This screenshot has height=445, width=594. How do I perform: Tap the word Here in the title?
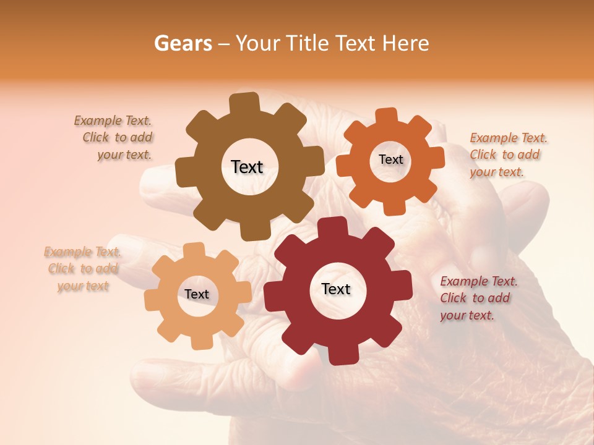(x=406, y=43)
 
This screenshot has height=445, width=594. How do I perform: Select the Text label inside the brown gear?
(x=247, y=167)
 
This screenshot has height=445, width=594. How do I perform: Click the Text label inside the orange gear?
(x=390, y=159)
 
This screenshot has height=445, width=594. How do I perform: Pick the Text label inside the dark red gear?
(x=336, y=289)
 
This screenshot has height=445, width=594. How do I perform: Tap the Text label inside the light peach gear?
(x=197, y=294)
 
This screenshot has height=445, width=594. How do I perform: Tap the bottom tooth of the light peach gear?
(x=199, y=341)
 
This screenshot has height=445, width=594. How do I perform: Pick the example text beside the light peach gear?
(x=83, y=269)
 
